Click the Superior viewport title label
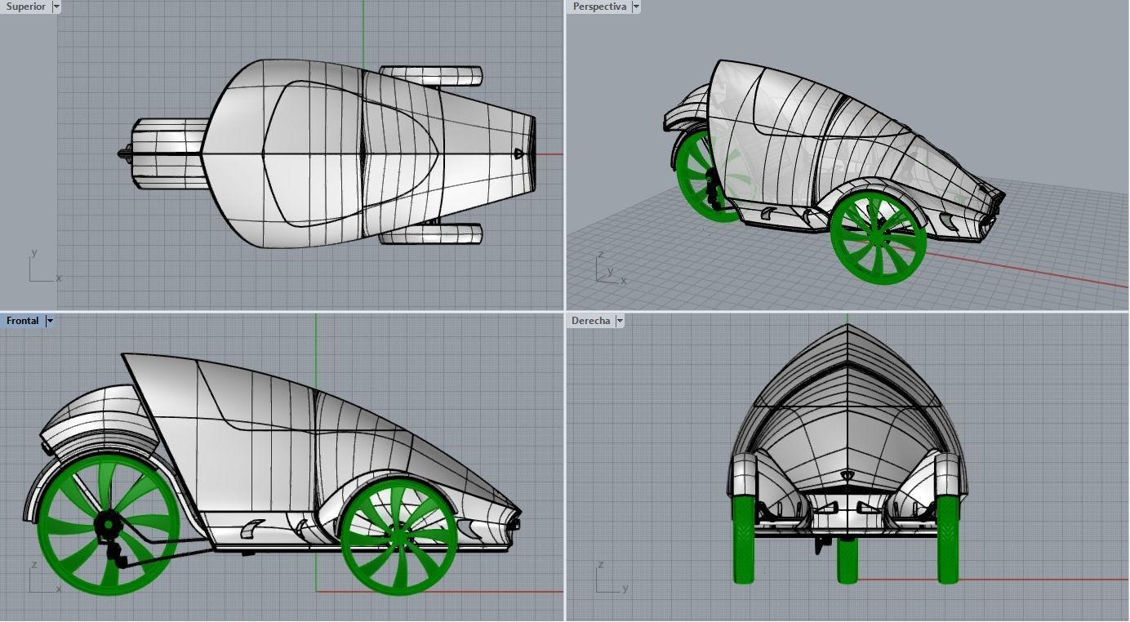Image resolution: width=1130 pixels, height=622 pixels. point(25,7)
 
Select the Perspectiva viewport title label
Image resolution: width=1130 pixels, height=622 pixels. point(599,7)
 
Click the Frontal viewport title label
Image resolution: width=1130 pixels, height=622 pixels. point(23,321)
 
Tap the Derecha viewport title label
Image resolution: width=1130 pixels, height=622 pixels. point(590,321)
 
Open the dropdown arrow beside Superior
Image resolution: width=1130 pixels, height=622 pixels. point(56,7)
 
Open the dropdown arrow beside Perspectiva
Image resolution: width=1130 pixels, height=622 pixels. point(636,7)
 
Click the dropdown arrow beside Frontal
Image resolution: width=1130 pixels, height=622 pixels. point(50,321)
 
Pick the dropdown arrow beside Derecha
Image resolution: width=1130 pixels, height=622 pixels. point(620,321)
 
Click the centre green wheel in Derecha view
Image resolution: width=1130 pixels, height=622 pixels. point(847,562)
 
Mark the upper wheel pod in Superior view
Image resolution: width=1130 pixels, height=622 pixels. point(430,76)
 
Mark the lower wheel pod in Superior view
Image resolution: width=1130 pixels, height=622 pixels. point(430,235)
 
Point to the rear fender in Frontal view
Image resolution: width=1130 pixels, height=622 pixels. point(90,416)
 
